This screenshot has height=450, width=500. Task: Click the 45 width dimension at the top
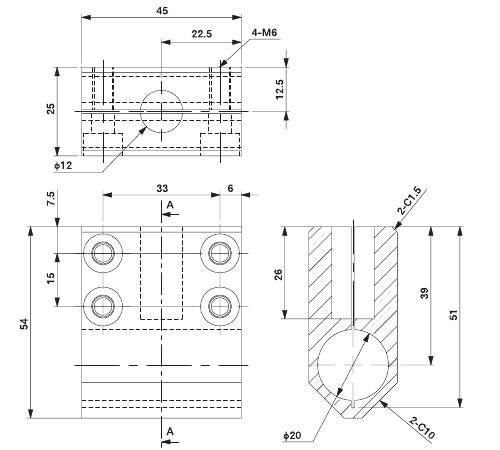pyautogui.click(x=161, y=10)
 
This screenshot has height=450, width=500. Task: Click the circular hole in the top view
pyautogui.click(x=160, y=109)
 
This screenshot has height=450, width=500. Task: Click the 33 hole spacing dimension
pyautogui.click(x=161, y=187)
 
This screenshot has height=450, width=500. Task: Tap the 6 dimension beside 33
pyautogui.click(x=230, y=187)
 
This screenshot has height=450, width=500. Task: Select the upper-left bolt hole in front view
pyautogui.click(x=101, y=252)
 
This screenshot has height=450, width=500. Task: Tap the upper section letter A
pyautogui.click(x=170, y=205)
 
